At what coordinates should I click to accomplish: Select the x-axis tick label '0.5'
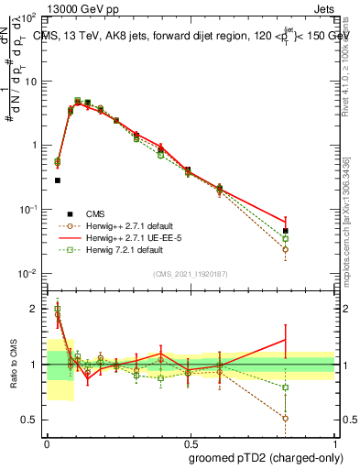click(190, 442)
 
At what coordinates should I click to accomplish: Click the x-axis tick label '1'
click(333, 442)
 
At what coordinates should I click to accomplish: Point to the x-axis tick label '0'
click(47, 442)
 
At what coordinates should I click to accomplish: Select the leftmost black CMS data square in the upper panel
click(57, 180)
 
